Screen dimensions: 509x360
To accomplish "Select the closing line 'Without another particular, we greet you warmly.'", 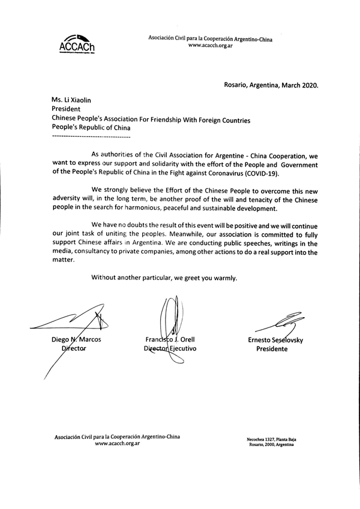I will (164, 278).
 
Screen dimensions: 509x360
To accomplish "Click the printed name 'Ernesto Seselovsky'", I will (280, 340).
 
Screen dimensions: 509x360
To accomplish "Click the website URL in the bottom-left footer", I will (114, 444).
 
